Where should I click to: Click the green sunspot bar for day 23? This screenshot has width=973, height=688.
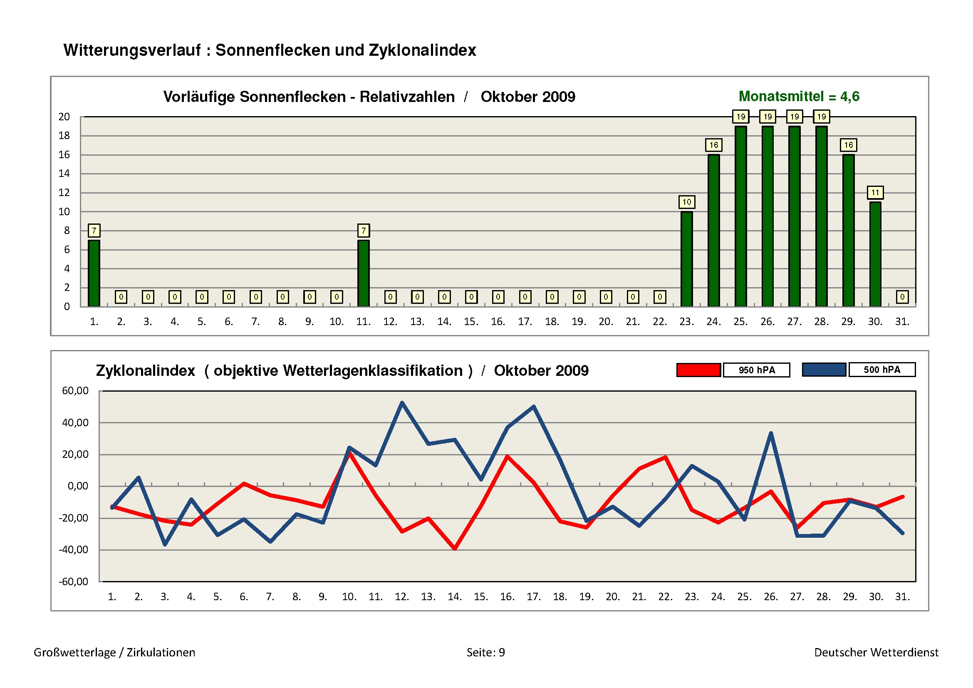tap(686, 259)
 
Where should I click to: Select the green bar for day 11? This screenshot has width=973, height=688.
tap(363, 273)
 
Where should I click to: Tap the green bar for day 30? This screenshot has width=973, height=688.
tap(875, 254)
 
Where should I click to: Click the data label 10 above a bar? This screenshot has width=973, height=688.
tap(686, 202)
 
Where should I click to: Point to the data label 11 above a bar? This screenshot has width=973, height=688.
tap(875, 193)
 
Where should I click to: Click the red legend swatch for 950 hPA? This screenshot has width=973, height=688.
tap(698, 370)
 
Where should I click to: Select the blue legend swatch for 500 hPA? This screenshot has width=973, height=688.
tap(824, 370)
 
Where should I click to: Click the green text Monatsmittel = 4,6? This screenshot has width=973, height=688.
tap(799, 97)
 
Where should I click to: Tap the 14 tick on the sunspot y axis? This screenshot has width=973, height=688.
tap(64, 174)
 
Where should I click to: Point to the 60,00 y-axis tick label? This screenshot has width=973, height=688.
tap(75, 391)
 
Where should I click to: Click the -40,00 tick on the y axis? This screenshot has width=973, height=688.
tap(74, 550)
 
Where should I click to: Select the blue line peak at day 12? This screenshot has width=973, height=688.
tap(402, 403)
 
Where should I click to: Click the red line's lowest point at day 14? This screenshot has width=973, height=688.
tap(455, 549)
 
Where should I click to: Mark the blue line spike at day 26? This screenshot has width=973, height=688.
tap(771, 433)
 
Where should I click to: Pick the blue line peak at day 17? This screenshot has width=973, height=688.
tap(534, 407)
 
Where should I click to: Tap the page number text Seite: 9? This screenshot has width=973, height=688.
tap(485, 652)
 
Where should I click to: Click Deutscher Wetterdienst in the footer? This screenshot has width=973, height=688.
tap(876, 652)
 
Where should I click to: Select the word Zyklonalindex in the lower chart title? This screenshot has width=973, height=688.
tap(145, 371)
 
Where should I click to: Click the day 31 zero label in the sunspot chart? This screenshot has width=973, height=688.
tap(902, 297)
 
